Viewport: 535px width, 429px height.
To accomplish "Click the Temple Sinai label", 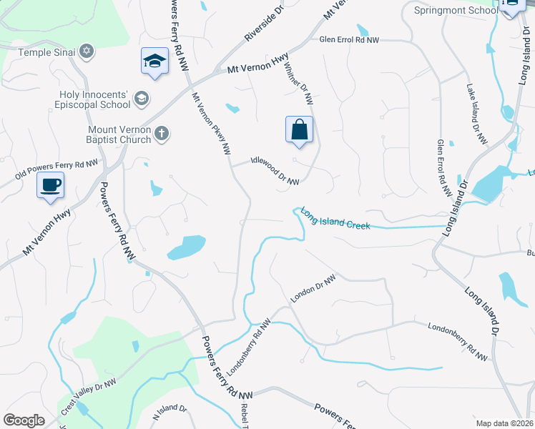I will [x=44, y=52].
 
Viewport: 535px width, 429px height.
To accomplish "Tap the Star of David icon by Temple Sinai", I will [x=87, y=52].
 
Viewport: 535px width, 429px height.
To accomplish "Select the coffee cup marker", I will [x=51, y=185].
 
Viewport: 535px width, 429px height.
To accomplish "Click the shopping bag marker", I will [x=300, y=130].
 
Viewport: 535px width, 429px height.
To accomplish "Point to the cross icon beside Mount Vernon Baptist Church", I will [x=162, y=133].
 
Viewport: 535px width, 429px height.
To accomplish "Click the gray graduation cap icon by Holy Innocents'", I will [x=142, y=97].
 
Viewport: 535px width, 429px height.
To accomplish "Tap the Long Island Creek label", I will [x=335, y=218].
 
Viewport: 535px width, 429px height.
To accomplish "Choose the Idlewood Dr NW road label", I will [x=275, y=172].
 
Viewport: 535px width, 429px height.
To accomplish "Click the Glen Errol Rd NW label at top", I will [x=349, y=40].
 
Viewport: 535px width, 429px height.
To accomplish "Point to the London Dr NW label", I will [x=313, y=288].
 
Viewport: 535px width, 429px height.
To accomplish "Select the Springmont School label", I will [x=456, y=10].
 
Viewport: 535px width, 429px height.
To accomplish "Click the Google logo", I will [x=24, y=420].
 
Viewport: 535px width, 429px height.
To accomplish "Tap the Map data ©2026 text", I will [x=504, y=423].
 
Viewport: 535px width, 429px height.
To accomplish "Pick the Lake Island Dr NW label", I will [x=476, y=114].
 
